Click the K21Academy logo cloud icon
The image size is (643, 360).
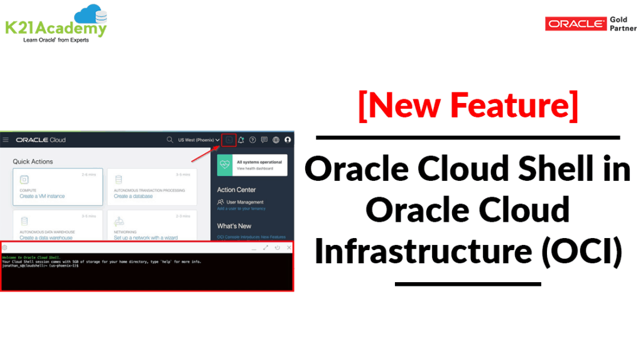tap(90, 14)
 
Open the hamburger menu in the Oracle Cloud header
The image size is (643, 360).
tap(6, 139)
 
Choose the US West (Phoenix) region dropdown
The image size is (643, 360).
tap(198, 139)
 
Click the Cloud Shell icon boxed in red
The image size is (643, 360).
tap(229, 139)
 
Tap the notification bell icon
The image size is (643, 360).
tap(241, 139)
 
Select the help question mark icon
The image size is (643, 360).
tap(252, 139)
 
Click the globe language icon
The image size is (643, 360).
tap(276, 139)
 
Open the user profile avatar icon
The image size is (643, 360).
tap(288, 139)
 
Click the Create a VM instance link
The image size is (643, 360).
tap(42, 197)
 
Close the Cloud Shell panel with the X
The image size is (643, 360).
tap(289, 248)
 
